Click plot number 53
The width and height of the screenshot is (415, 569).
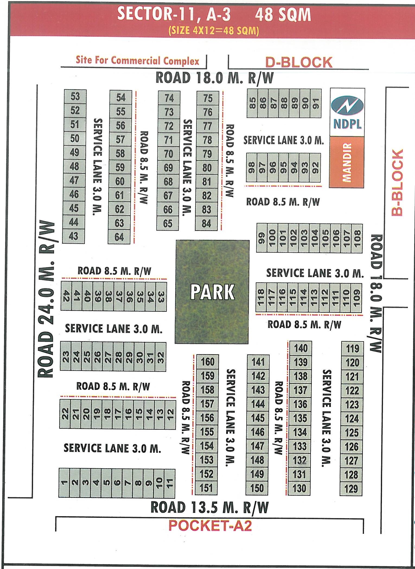75,96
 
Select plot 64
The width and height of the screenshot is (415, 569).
119,237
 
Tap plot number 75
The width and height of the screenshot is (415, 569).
208,98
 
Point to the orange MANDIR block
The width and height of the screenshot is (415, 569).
346,162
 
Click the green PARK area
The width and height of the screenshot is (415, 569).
212,292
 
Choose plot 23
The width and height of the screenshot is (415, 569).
65,356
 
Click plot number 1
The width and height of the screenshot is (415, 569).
64,483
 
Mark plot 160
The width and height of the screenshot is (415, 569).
207,362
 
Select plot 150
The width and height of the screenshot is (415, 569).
257,488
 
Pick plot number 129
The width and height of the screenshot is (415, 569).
351,489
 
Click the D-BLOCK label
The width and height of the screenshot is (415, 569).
299,62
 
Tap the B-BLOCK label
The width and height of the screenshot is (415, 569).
398,182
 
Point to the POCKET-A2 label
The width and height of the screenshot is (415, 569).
210,526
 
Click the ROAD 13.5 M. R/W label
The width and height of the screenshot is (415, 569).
209,507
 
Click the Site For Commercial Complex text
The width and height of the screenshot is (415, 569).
137,60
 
